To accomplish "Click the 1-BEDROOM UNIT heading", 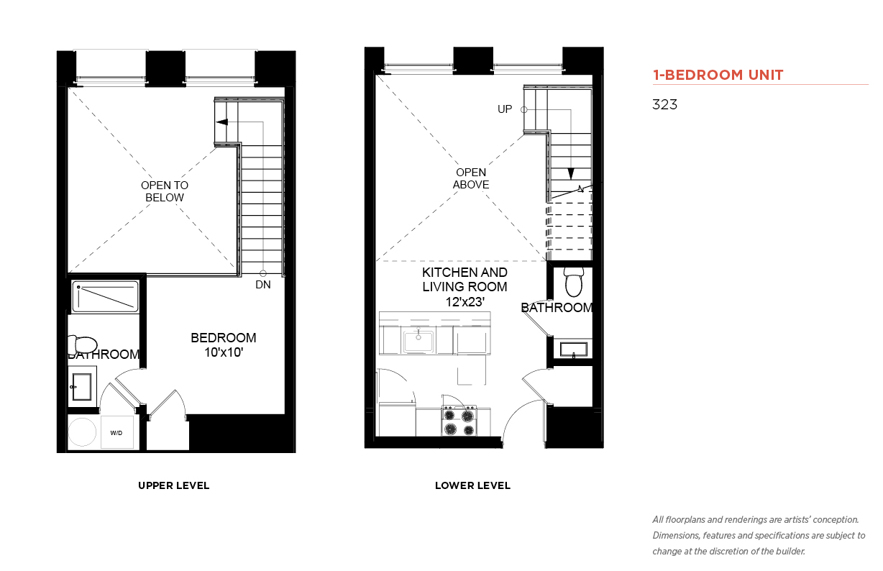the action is point(718,75).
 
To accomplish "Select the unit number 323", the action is point(664,104).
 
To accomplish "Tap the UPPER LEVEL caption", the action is point(173,485).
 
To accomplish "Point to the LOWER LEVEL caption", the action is point(472,485).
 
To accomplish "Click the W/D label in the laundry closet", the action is point(116,433).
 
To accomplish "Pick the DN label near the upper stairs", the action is point(263,285).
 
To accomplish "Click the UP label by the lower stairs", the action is point(505,109).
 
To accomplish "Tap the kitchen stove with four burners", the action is point(459,421).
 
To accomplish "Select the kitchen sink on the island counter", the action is point(418,341).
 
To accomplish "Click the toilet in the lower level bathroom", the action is point(574,282).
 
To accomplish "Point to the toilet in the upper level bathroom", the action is point(83,344).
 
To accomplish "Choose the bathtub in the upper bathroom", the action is point(105,296).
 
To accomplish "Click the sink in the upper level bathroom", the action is point(81,387).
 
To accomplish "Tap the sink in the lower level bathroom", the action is point(574,350).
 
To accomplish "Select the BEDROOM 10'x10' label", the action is point(224,345).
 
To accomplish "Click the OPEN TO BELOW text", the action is point(165,191).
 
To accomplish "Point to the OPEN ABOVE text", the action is point(471,178).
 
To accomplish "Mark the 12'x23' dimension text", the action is point(465,302).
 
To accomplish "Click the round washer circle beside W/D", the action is point(82,432).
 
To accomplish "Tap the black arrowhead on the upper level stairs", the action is point(222,122).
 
